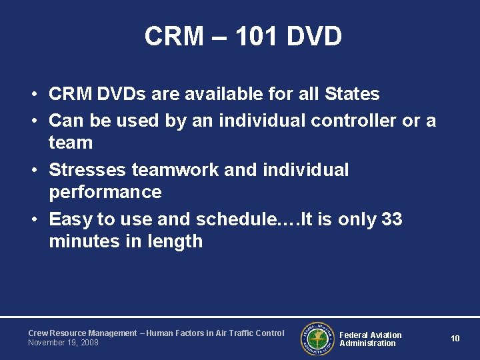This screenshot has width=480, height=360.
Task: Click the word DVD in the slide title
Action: click(x=314, y=37)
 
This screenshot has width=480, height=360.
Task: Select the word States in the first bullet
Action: click(x=351, y=94)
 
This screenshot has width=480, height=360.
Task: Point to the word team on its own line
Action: click(x=71, y=143)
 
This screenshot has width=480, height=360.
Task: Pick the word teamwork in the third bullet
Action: click(x=175, y=170)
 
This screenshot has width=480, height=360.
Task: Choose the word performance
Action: click(x=105, y=193)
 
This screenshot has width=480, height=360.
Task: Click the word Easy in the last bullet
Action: click(x=71, y=219)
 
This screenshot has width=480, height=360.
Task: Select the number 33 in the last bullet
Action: click(x=392, y=219)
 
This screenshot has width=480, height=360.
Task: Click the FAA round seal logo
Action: click(x=318, y=339)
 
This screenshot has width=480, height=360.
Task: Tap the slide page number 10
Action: click(x=455, y=339)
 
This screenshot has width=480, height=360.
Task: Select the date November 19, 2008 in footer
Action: click(x=63, y=343)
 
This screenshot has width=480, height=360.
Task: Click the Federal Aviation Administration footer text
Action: click(x=371, y=339)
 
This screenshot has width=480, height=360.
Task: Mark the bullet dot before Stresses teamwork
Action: click(x=33, y=171)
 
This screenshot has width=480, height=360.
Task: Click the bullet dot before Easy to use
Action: click(x=33, y=220)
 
